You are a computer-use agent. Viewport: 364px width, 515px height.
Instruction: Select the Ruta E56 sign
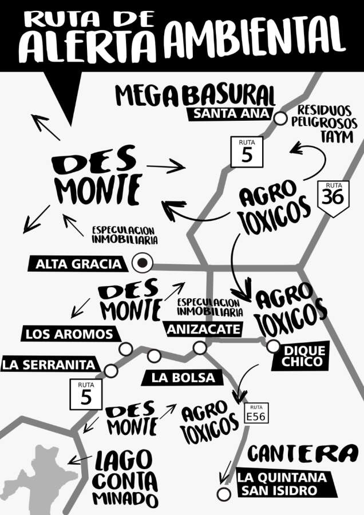pos(255,414)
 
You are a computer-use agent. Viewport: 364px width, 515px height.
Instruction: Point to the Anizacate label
pos(204,329)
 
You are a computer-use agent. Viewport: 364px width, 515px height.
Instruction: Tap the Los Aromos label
pos(69,334)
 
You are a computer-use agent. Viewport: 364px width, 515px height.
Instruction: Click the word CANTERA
pos(302,454)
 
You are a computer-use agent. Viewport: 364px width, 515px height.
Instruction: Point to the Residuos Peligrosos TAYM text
pos(324,124)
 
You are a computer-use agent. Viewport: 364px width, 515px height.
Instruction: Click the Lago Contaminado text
pos(124,478)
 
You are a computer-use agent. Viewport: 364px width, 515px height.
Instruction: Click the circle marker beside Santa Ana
pos(280,118)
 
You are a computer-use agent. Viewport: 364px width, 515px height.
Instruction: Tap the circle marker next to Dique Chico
pos(273,346)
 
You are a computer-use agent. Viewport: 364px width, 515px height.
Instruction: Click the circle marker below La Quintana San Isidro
pos(223,494)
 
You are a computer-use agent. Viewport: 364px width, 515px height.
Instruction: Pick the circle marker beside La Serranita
pos(111,371)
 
